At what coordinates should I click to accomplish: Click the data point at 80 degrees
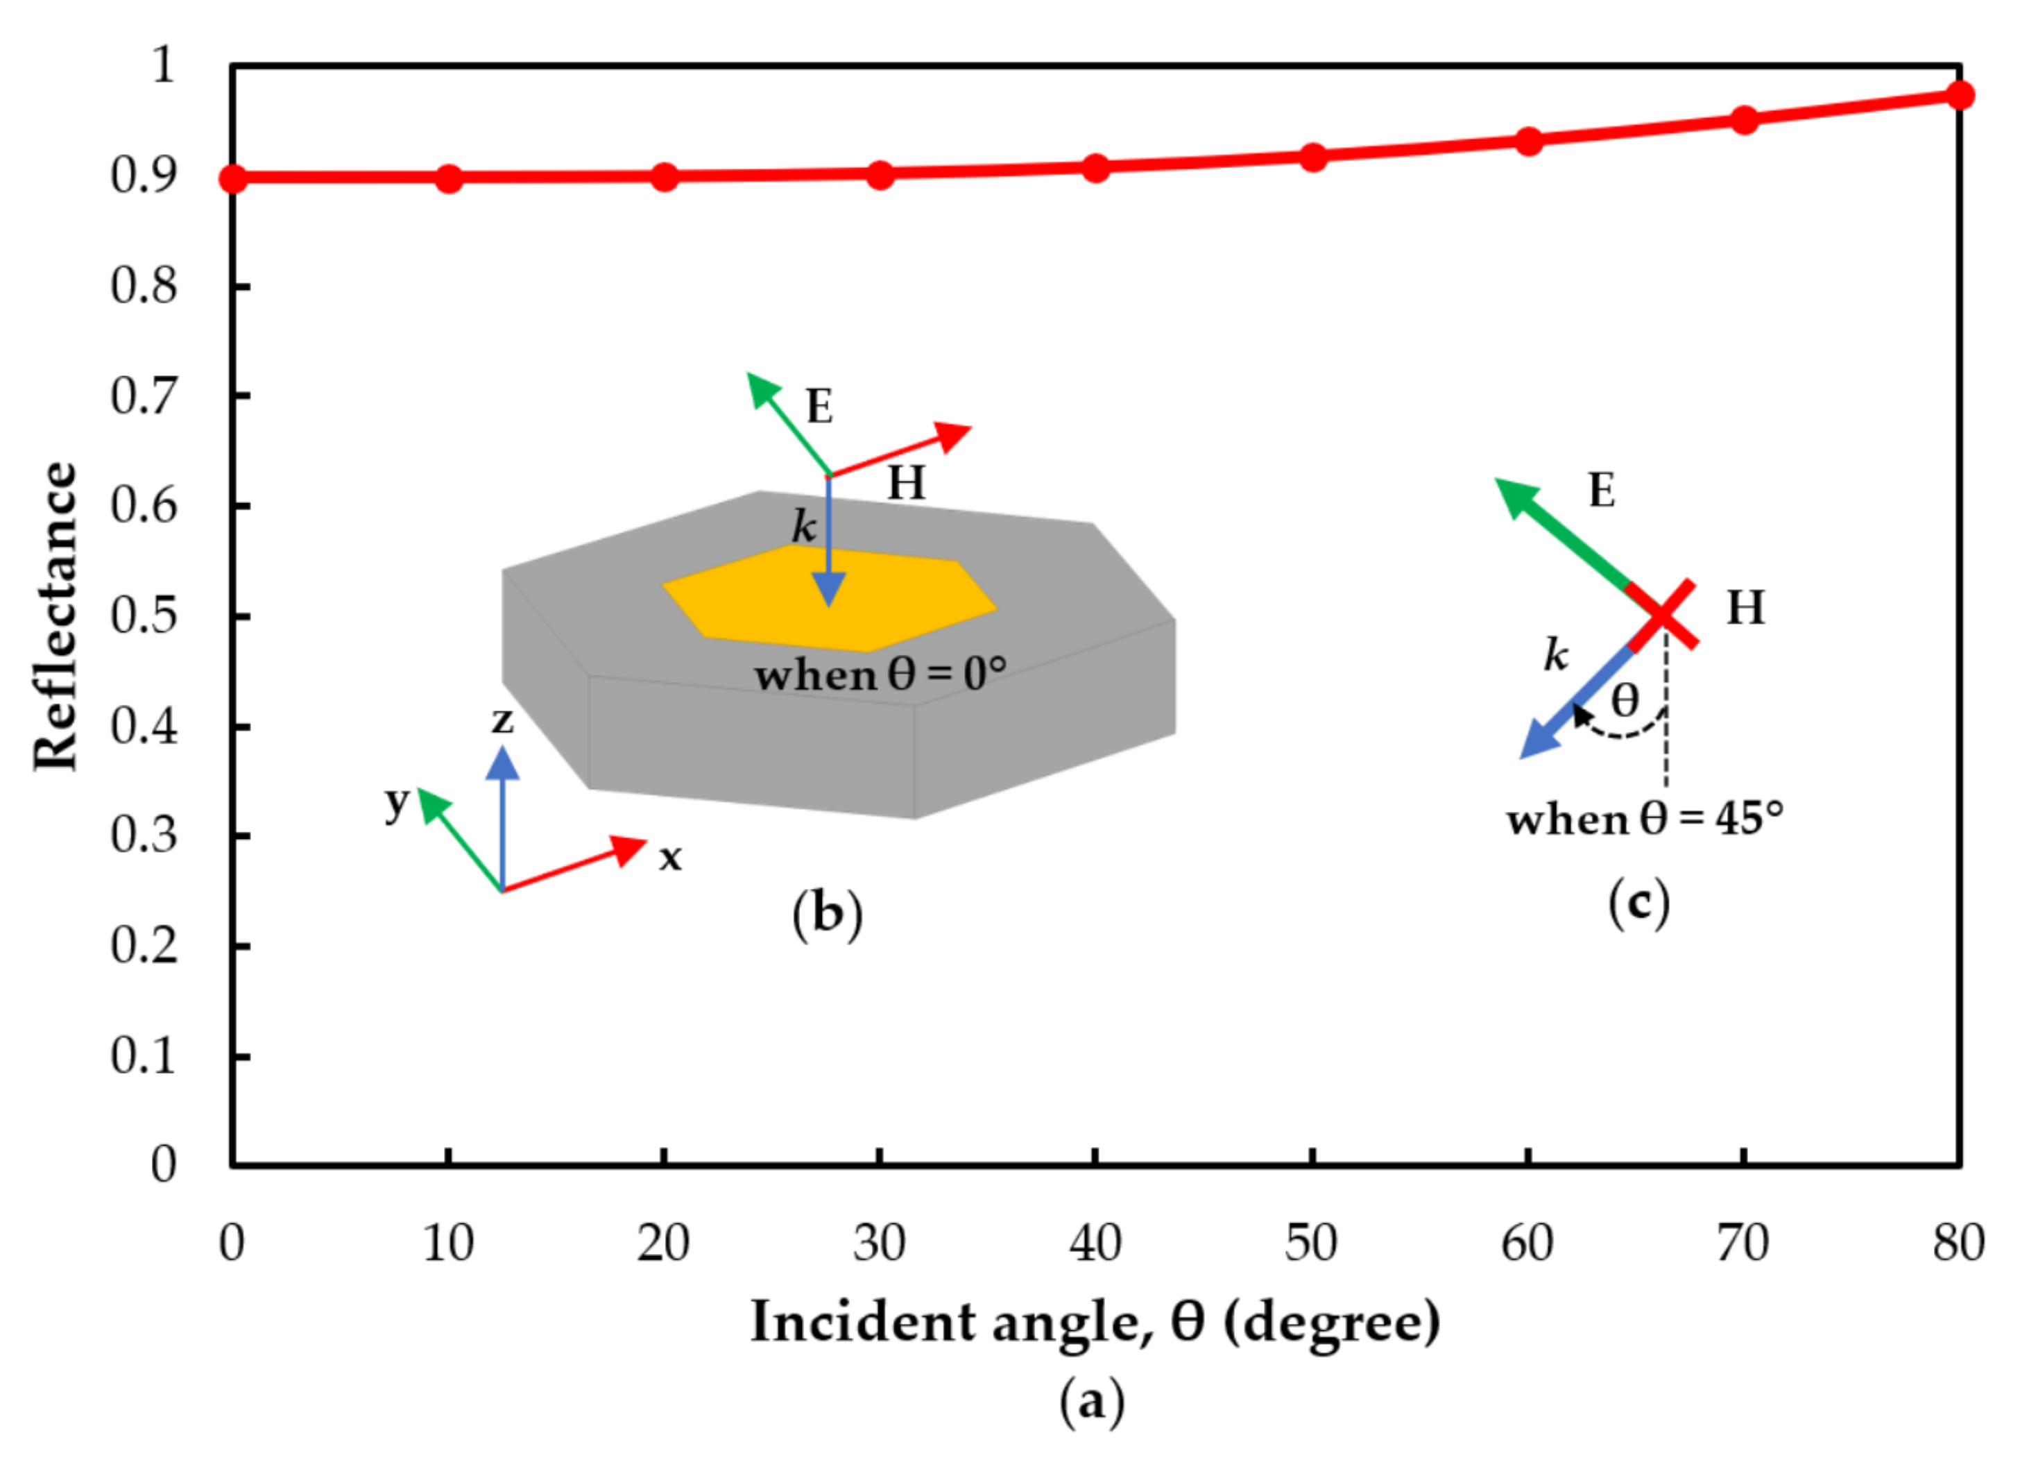(x=1958, y=95)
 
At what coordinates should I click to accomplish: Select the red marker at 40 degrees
(x=1095, y=167)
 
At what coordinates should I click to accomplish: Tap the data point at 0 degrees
(x=232, y=178)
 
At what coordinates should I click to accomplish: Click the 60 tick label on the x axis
(x=1527, y=1243)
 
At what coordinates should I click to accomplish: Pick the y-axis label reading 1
(x=163, y=65)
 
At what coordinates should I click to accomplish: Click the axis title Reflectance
(x=55, y=616)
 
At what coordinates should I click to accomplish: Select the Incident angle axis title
(x=1095, y=1322)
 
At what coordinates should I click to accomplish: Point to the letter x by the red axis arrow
(x=670, y=858)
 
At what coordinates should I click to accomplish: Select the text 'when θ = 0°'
(x=880, y=674)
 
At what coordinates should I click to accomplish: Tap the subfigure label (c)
(x=1638, y=905)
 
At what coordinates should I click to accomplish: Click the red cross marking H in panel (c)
(x=1662, y=615)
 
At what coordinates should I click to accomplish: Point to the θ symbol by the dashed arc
(x=1625, y=700)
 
